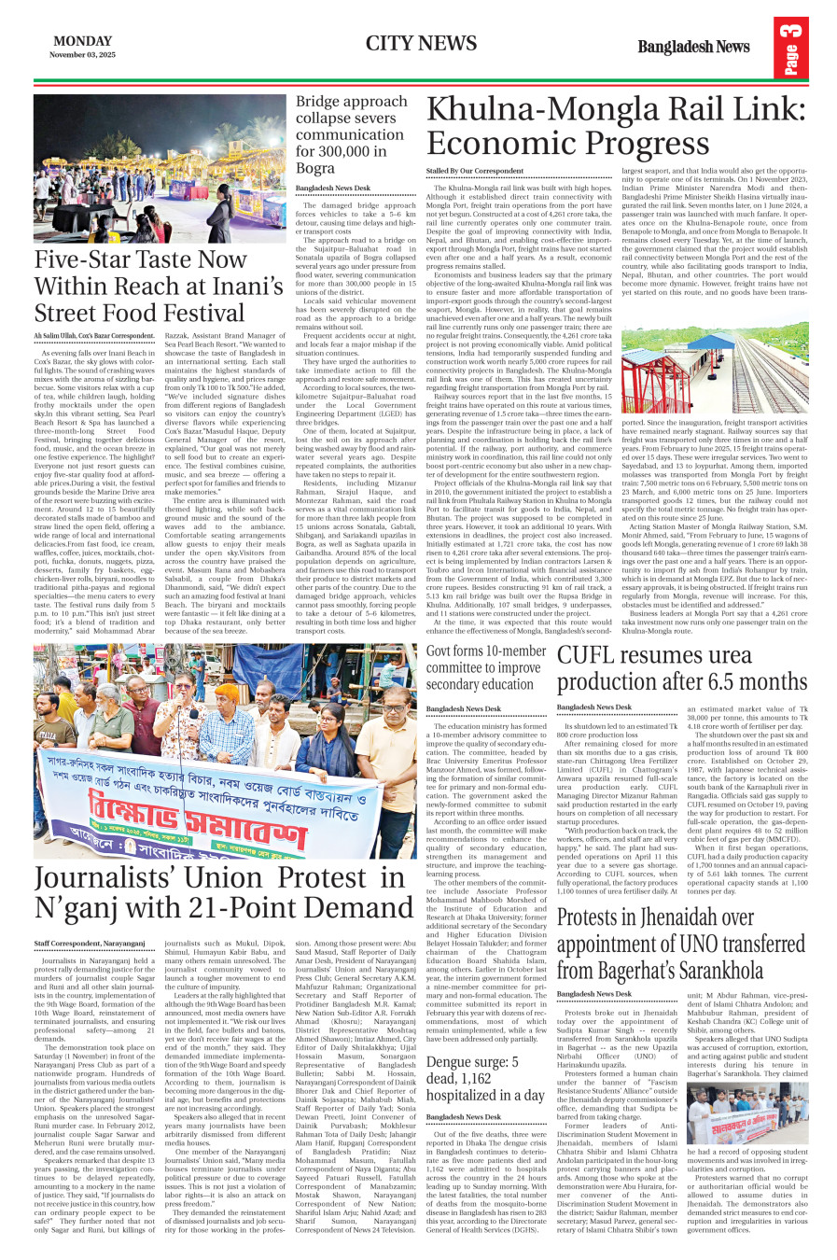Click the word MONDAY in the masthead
point(82,41)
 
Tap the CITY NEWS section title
point(421,43)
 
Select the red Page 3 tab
point(790,51)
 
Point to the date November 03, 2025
point(82,55)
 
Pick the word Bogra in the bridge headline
point(314,168)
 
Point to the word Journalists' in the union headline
point(103,878)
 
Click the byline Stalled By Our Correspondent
point(475,171)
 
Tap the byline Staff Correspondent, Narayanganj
point(90,944)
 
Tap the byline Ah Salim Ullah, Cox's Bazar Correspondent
point(94,335)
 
